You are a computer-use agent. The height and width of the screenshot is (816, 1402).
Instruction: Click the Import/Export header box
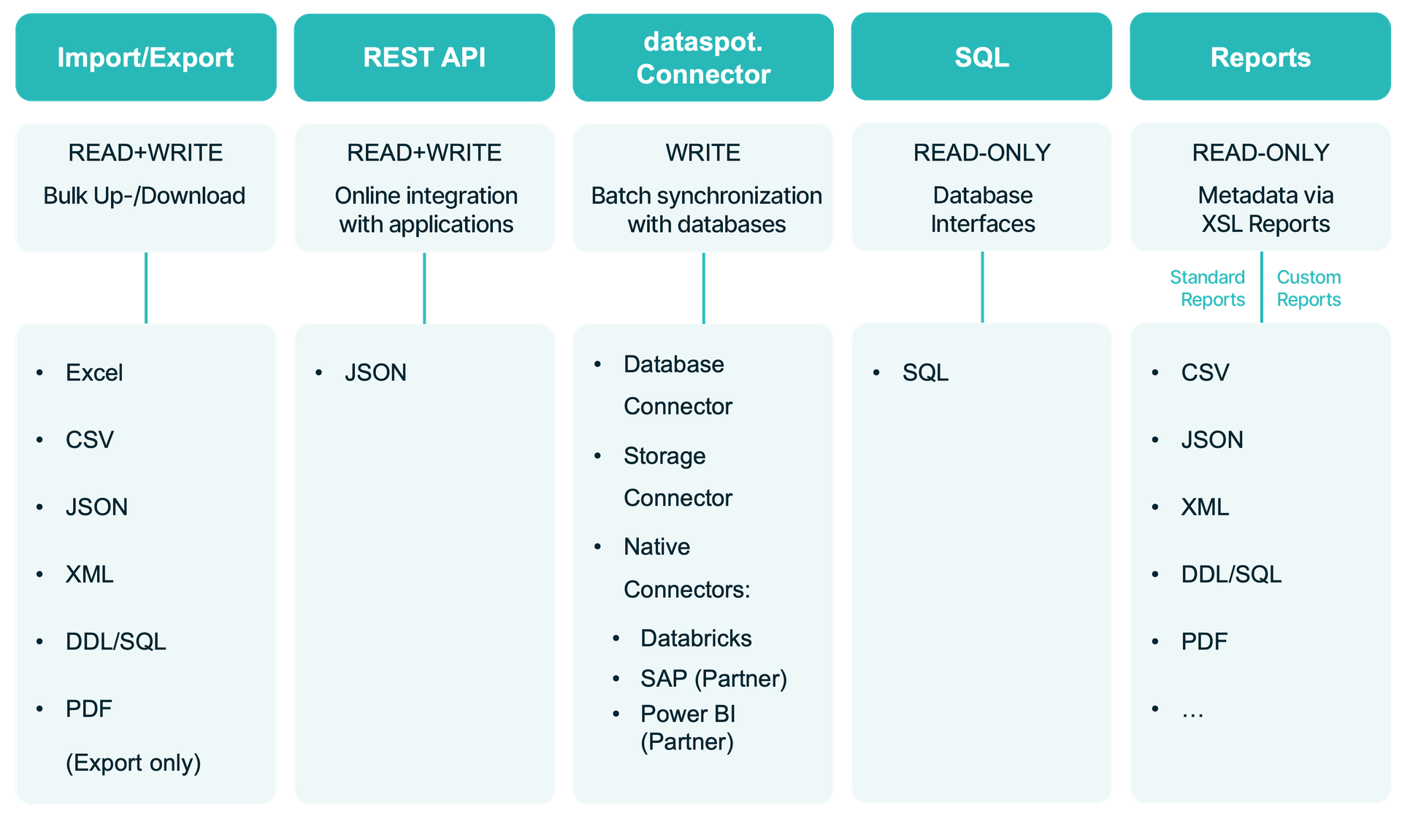coord(145,58)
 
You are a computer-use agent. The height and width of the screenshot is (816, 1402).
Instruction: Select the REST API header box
coord(424,58)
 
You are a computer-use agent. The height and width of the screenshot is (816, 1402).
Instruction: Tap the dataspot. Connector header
coord(703,58)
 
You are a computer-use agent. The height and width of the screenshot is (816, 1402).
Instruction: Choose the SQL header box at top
coord(981,58)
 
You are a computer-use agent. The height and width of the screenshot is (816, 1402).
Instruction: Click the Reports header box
coord(1260,58)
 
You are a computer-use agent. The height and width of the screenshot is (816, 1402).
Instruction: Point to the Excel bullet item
coord(94,373)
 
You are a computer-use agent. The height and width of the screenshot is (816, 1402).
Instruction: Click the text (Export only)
coord(133,763)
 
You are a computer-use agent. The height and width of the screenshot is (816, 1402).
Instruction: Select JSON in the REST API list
coord(375,373)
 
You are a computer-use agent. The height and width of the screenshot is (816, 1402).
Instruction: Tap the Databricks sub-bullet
coord(696,639)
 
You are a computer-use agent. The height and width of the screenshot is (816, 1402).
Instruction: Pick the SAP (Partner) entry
coord(713,679)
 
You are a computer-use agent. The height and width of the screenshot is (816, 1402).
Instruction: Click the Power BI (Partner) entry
coord(688,728)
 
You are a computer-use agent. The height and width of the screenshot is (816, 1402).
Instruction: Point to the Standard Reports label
coord(1208,288)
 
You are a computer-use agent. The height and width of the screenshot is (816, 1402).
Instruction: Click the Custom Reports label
coord(1309,288)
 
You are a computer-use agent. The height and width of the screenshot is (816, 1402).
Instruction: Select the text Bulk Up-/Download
coord(145,196)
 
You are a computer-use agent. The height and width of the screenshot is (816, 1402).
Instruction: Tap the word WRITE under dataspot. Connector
coord(703,153)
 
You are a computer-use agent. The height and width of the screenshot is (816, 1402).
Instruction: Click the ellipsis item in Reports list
coord(1192,711)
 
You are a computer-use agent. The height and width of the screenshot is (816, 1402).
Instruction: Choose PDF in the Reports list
coord(1204,642)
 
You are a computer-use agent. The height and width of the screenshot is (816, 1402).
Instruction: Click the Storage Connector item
coord(677,477)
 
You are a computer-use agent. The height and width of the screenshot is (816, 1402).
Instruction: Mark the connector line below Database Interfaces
coord(982,288)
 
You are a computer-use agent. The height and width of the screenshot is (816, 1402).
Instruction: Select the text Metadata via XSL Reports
coord(1265,209)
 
